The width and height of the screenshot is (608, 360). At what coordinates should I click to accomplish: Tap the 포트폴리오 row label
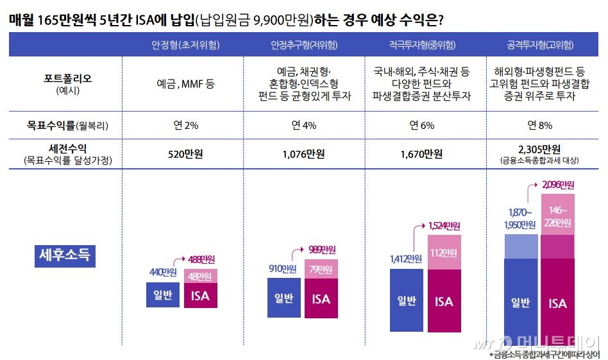(x=67, y=79)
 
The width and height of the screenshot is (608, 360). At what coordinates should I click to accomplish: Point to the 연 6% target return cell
(x=422, y=125)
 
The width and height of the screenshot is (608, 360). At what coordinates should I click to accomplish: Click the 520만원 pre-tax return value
(x=185, y=154)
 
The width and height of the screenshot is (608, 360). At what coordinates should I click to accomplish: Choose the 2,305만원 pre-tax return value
(x=543, y=150)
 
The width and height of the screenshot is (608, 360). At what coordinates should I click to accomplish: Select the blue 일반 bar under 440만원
(x=162, y=295)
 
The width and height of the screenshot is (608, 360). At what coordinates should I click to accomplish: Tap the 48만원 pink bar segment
(x=199, y=277)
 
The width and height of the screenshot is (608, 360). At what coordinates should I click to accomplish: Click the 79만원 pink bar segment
(x=321, y=269)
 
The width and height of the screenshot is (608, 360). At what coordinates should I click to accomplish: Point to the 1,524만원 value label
(x=444, y=226)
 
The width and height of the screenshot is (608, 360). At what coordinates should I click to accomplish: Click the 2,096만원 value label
(x=557, y=185)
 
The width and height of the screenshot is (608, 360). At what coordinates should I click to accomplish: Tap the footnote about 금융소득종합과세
(x=545, y=354)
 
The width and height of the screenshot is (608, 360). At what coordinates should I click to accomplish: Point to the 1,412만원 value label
(x=405, y=259)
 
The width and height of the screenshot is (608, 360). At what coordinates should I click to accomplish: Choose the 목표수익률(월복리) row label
(x=67, y=125)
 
